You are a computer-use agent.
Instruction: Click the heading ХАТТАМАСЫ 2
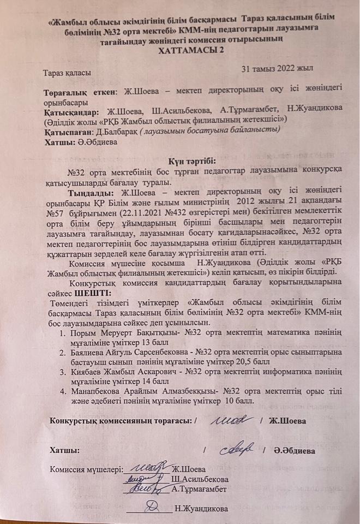pyautogui.click(x=185, y=51)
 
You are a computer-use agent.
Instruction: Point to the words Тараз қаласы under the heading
pyautogui.click(x=67, y=72)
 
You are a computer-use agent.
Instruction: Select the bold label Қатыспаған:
pyautogui.click(x=67, y=130)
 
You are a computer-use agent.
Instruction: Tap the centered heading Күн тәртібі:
pyautogui.click(x=184, y=160)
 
